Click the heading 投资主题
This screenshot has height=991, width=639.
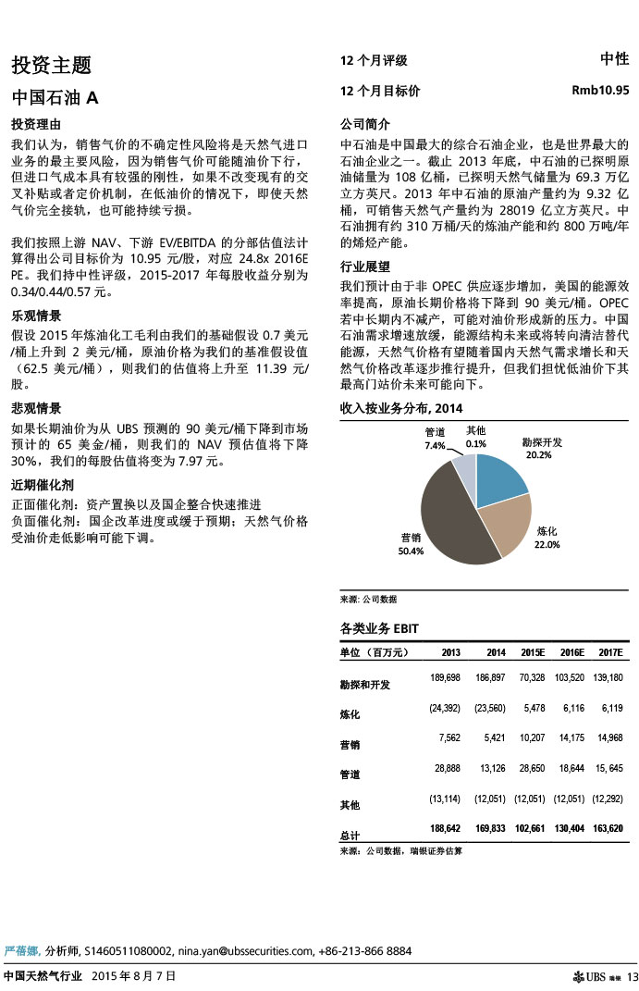click(51, 66)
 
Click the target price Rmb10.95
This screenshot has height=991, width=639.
click(601, 91)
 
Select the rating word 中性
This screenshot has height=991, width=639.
click(615, 59)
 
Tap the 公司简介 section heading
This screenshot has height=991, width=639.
click(365, 124)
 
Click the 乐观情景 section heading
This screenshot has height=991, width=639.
click(36, 315)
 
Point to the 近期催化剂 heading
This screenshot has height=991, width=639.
click(43, 485)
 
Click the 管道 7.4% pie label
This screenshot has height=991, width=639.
click(435, 439)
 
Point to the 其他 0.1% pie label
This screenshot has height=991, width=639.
click(476, 437)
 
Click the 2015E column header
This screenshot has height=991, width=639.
click(532, 652)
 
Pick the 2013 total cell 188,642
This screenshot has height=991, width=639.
click(446, 827)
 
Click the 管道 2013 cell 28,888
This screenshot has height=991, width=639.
click(446, 767)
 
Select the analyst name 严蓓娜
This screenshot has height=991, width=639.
click(21, 950)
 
